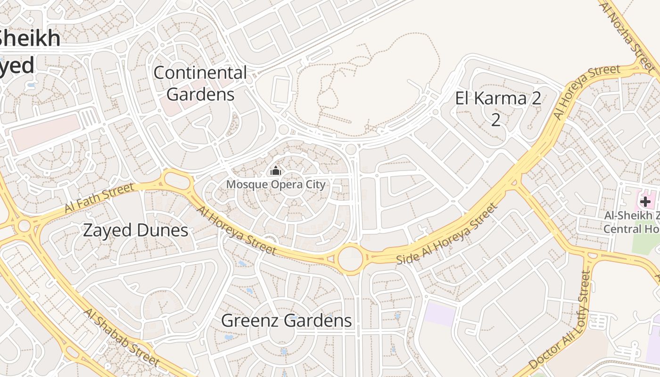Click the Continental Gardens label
click(200, 83)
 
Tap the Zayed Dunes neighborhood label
click(136, 230)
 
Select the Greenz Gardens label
click(287, 320)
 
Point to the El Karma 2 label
click(497, 108)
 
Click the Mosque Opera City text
click(276, 184)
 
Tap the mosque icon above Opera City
click(276, 171)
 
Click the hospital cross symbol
click(645, 202)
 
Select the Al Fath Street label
click(99, 198)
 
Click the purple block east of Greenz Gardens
click(439, 315)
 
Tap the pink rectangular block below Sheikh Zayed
click(45, 131)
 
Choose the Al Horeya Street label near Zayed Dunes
click(236, 230)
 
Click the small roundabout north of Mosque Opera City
click(351, 149)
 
